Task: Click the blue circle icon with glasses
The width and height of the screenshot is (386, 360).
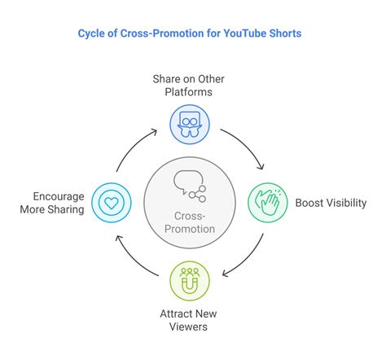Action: point(190,125)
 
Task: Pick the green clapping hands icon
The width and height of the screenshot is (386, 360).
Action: point(268,203)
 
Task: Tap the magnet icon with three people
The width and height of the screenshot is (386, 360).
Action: point(190,281)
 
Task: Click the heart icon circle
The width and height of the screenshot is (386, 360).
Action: point(112,203)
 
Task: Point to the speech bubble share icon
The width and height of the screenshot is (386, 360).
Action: point(190,187)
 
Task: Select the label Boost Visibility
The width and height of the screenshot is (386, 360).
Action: point(331,203)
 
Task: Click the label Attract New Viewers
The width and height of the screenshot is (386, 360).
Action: point(188,320)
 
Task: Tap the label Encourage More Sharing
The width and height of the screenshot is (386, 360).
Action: point(52,203)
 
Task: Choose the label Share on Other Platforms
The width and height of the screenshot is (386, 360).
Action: point(188,86)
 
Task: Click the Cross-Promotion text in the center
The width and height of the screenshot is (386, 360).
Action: point(190,222)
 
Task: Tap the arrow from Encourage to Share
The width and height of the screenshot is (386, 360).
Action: point(131,145)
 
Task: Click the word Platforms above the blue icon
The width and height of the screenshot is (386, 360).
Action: point(188,92)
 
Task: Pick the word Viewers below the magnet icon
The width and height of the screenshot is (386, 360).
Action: point(188,327)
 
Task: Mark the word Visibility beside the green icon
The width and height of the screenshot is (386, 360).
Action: point(346,203)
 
